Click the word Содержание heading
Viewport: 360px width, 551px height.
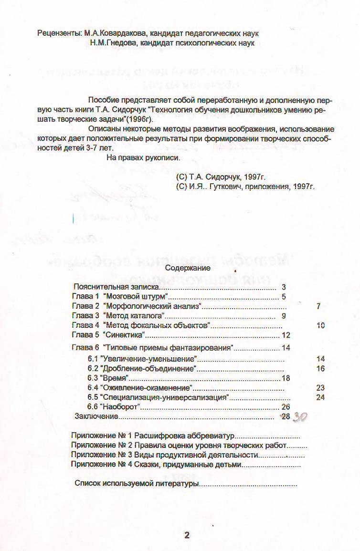[188, 268]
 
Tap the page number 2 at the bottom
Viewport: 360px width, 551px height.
[187, 535]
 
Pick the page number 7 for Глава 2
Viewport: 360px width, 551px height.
[318, 306]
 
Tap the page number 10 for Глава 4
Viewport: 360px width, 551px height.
[320, 325]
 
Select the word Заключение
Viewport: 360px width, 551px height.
[96, 416]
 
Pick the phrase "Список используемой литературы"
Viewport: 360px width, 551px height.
[136, 483]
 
